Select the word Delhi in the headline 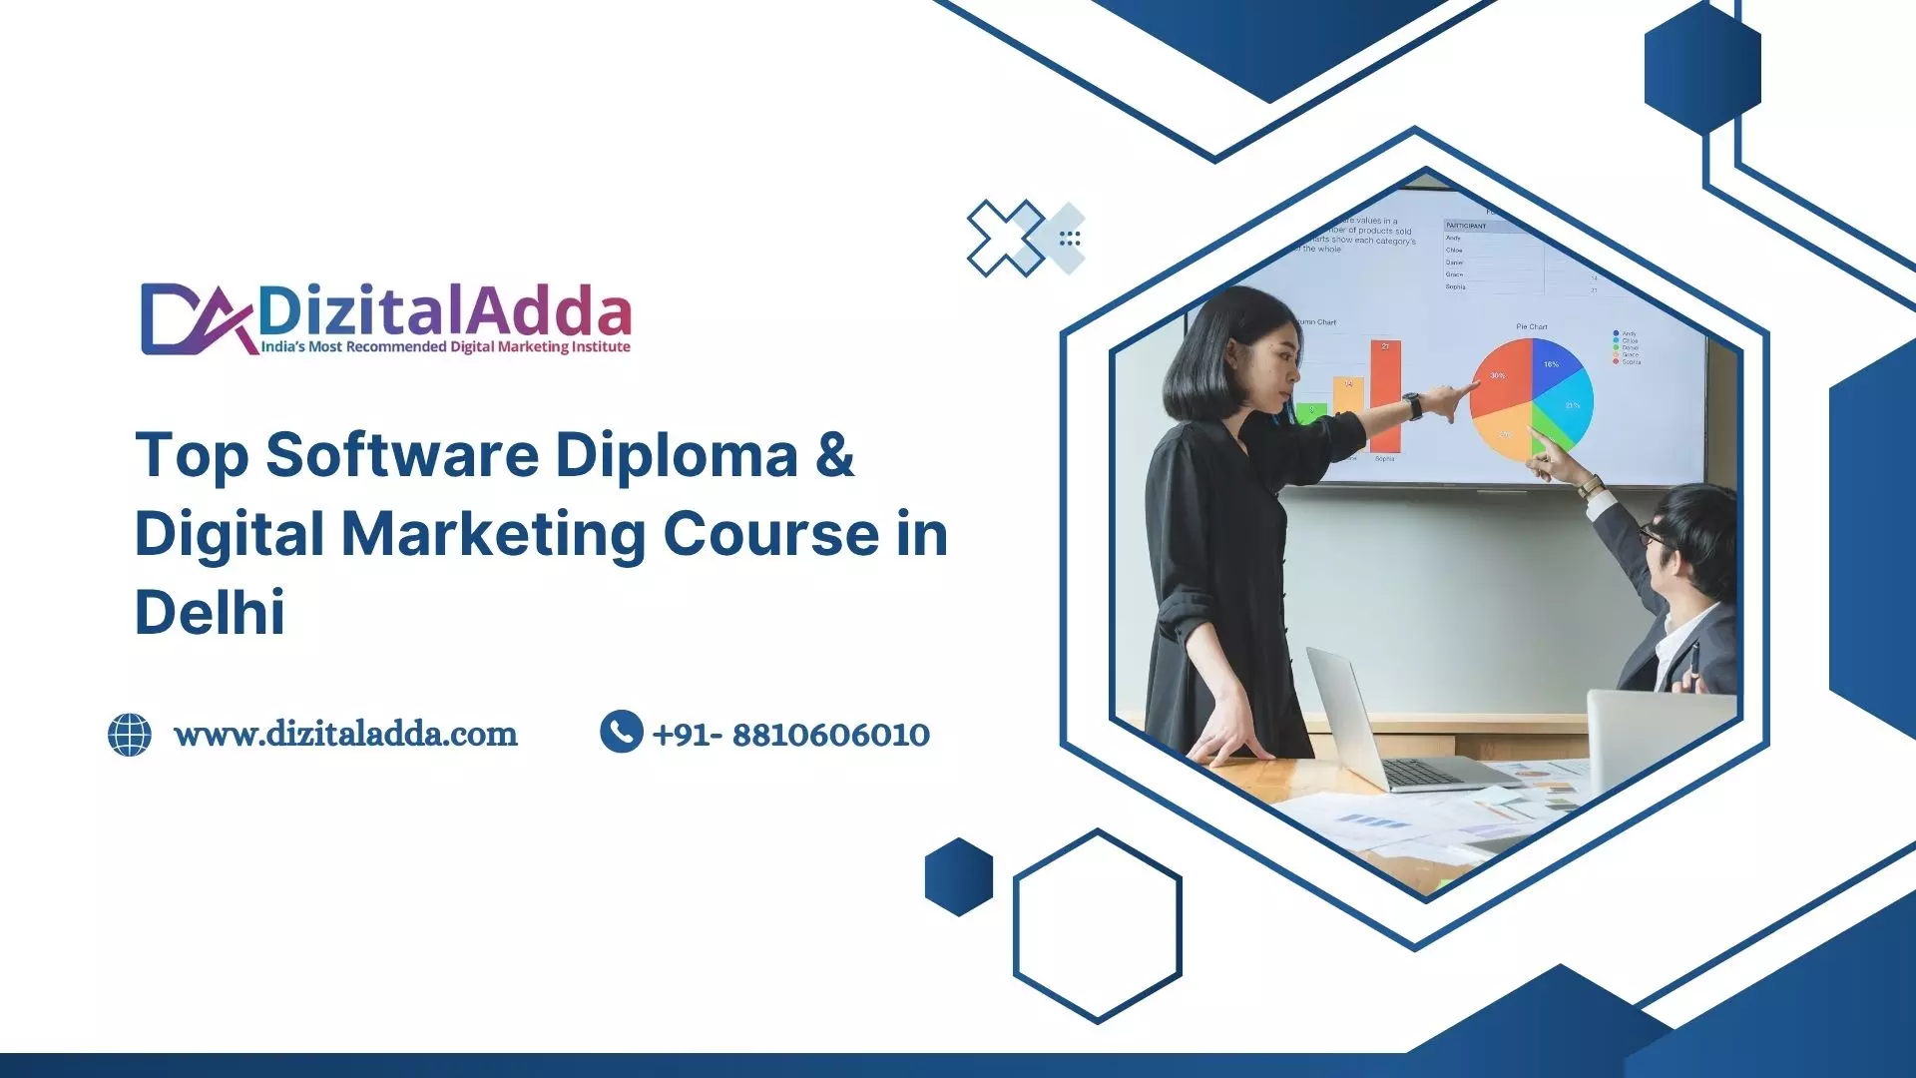[210, 612]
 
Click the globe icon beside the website [130, 735]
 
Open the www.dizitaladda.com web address [345, 735]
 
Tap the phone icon [621, 732]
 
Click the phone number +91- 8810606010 [790, 736]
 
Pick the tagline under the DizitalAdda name [445, 347]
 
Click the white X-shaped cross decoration [1006, 238]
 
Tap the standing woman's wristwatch [1412, 405]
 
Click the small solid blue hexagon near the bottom [959, 876]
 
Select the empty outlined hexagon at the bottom [1098, 926]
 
